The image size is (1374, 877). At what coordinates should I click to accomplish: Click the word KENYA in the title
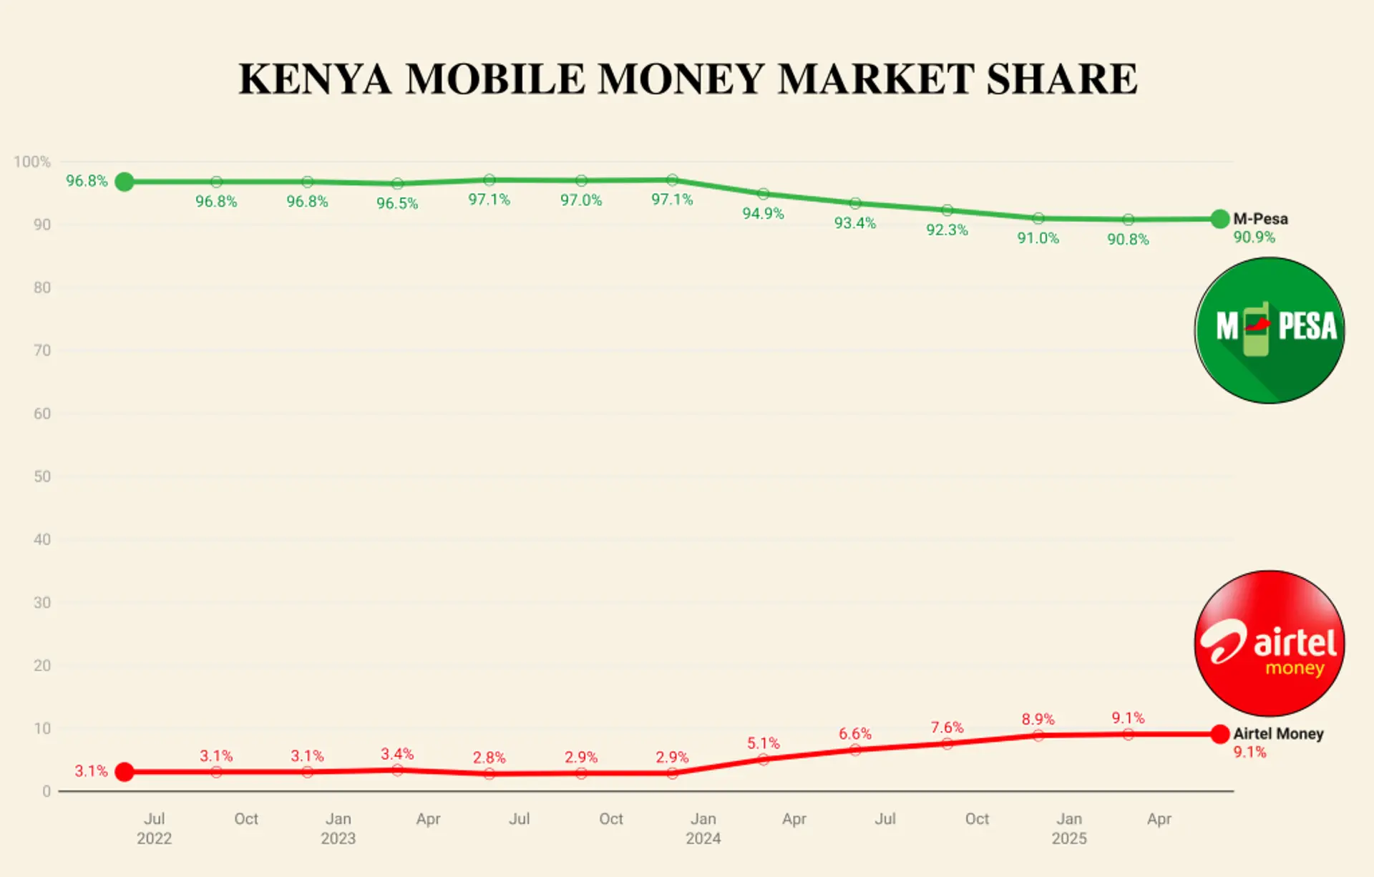pos(315,79)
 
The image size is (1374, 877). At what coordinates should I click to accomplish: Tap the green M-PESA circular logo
pos(1270,330)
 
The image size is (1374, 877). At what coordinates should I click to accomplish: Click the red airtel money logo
pos(1270,643)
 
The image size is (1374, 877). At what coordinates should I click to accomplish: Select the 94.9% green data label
pos(763,213)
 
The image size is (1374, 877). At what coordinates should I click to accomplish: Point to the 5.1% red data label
pos(763,743)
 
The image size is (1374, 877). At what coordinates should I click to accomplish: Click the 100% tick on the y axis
pos(32,162)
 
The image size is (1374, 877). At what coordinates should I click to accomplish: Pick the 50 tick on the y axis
pos(42,476)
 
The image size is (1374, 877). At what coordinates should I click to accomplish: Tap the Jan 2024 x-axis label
pos(703,828)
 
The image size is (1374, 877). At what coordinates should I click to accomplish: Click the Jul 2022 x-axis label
pos(154,828)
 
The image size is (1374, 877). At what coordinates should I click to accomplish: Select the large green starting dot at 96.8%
pos(125,182)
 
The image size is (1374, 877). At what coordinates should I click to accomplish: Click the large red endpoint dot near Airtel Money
pos(1220,734)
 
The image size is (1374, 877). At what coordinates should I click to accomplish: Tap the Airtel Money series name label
pos(1278,733)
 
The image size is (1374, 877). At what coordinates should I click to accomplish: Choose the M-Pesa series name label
pos(1260,219)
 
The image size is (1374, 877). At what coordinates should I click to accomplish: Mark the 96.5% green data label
pos(397,203)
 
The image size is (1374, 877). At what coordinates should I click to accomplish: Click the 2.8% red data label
pos(489,757)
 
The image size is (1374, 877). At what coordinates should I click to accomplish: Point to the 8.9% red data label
pos(1038,719)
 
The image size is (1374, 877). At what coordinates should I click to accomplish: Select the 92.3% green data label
pos(947,230)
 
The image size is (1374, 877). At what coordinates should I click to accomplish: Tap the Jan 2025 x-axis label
pos(1068,828)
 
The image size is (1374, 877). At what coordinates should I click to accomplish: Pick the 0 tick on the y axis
pos(47,791)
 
